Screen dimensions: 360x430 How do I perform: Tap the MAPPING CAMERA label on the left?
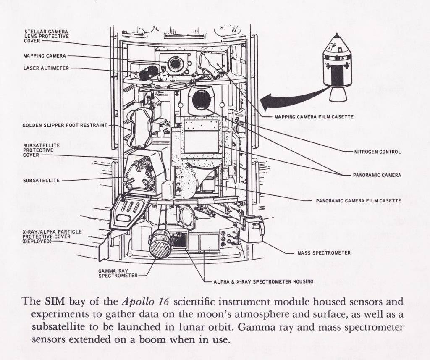coord(45,55)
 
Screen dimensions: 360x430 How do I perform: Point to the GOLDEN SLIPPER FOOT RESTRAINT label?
coord(65,125)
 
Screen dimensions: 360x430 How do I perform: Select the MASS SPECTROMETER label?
coord(324,253)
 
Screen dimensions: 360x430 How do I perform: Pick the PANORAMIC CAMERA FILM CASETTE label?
coord(358,201)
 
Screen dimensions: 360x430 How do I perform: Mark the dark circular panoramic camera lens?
coord(201,100)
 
